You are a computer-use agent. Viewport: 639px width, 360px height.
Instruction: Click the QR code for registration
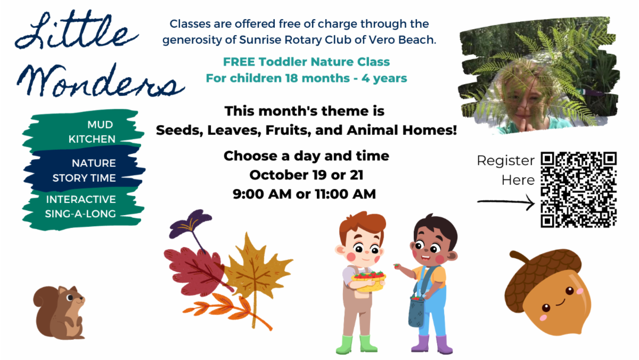click(x=578, y=190)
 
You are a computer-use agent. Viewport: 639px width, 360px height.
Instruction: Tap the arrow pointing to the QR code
click(x=506, y=202)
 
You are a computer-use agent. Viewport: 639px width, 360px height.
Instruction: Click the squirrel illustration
click(x=59, y=313)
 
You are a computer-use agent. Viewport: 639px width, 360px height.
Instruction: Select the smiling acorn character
click(x=548, y=292)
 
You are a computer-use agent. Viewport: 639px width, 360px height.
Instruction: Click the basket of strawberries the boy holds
click(x=368, y=281)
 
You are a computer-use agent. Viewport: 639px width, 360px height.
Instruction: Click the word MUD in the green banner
click(x=100, y=125)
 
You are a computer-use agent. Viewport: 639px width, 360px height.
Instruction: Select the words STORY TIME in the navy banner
click(x=84, y=178)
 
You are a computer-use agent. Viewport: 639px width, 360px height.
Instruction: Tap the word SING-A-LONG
click(x=80, y=214)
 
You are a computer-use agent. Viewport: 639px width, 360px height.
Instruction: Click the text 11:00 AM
click(x=346, y=194)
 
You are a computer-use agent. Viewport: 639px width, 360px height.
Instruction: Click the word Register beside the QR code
click(x=506, y=161)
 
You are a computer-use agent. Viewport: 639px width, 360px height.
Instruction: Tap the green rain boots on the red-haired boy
click(x=357, y=345)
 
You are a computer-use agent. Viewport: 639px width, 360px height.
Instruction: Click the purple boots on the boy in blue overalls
click(x=432, y=345)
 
